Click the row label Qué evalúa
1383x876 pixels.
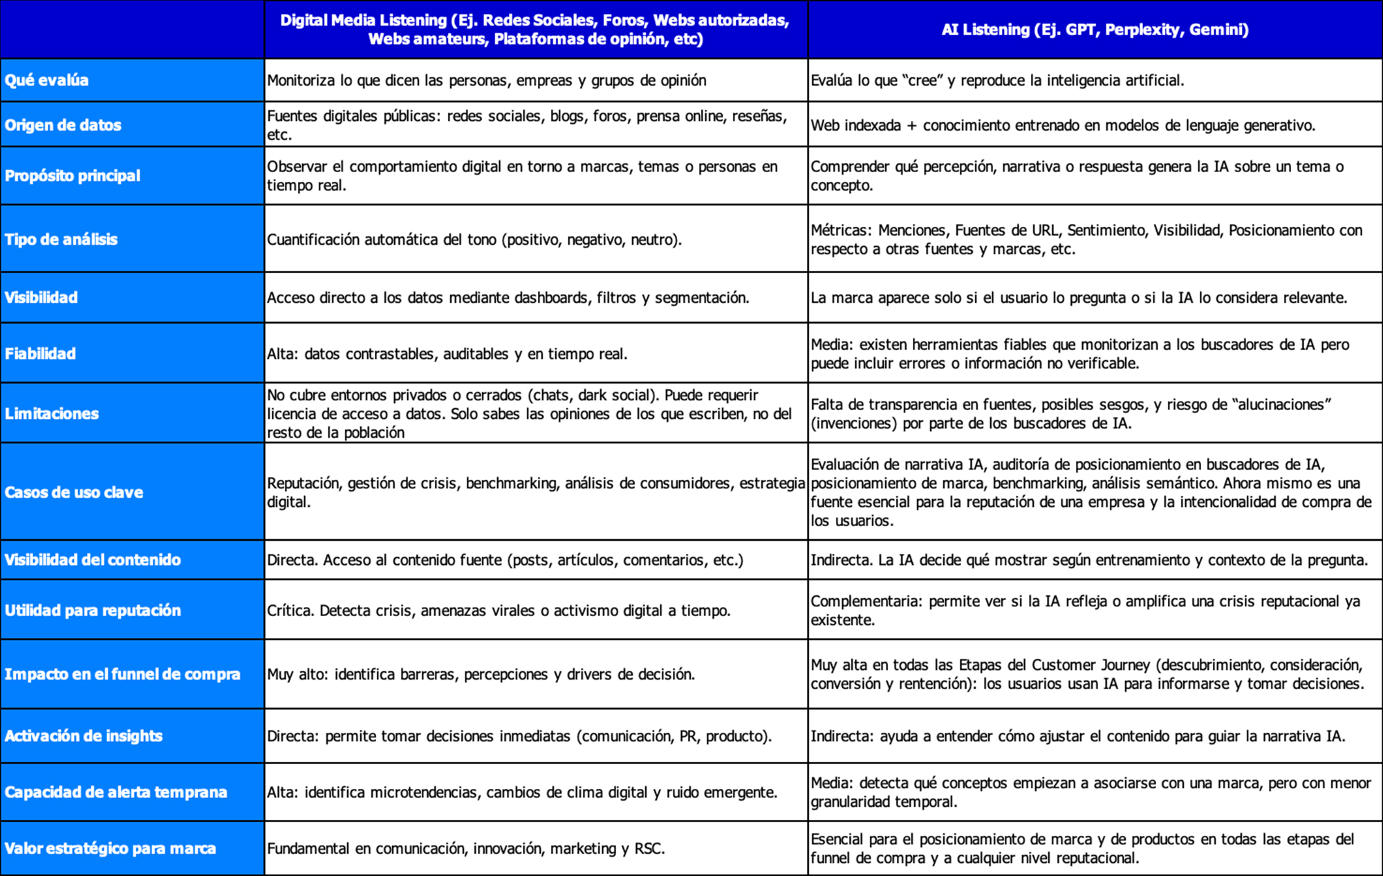pyautogui.click(x=46, y=80)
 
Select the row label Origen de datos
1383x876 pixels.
pyautogui.click(x=63, y=125)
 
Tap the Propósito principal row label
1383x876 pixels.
pyautogui.click(x=73, y=176)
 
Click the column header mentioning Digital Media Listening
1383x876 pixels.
pyautogui.click(x=535, y=30)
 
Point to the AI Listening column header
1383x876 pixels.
pyautogui.click(x=1095, y=30)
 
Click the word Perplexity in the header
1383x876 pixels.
pyautogui.click(x=1142, y=30)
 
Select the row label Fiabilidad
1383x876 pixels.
pyautogui.click(x=40, y=353)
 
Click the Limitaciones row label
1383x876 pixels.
pyautogui.click(x=52, y=413)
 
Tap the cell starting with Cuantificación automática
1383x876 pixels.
pyautogui.click(x=474, y=239)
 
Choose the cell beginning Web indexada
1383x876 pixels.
pyautogui.click(x=1063, y=125)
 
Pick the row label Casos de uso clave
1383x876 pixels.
pyautogui.click(x=74, y=492)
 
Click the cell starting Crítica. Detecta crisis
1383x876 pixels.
pyautogui.click(x=499, y=611)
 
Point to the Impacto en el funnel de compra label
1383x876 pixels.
pyautogui.click(x=122, y=674)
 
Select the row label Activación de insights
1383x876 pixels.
pyautogui.click(x=84, y=736)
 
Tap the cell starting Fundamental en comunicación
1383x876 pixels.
pyautogui.click(x=465, y=848)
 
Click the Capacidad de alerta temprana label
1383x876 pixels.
pyautogui.click(x=115, y=792)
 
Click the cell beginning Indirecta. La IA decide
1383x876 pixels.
pyautogui.click(x=1089, y=560)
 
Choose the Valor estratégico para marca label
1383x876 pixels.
pyautogui.click(x=110, y=848)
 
